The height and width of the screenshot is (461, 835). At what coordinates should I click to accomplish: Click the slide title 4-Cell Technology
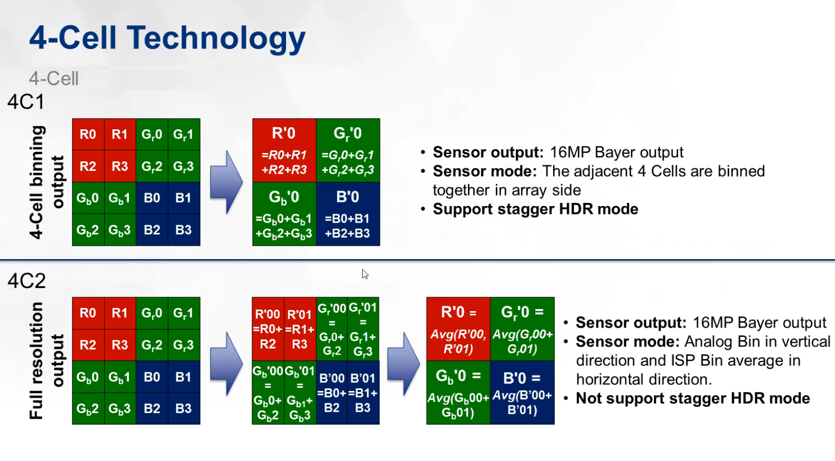pyautogui.click(x=167, y=39)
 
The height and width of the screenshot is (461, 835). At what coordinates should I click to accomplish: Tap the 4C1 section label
pyautogui.click(x=26, y=102)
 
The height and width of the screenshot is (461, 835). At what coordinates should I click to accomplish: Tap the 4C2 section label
pyautogui.click(x=27, y=281)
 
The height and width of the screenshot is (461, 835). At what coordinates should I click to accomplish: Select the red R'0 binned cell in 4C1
pyautogui.click(x=284, y=150)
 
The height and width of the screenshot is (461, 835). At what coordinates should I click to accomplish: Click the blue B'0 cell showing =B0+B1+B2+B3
pyautogui.click(x=348, y=214)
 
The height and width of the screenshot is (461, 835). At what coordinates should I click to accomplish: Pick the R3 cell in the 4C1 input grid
pyautogui.click(x=120, y=166)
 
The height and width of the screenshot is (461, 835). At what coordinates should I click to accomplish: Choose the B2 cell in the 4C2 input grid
pyautogui.click(x=152, y=409)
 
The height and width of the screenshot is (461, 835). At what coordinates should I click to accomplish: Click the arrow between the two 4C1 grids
pyautogui.click(x=226, y=182)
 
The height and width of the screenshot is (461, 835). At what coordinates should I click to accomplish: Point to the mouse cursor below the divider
pyautogui.click(x=365, y=274)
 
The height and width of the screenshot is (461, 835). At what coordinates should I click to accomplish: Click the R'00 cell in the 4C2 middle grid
pyautogui.click(x=268, y=329)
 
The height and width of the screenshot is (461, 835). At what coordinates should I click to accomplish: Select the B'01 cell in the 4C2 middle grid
pyautogui.click(x=363, y=393)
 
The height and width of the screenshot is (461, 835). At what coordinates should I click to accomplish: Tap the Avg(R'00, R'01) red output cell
pyautogui.click(x=458, y=329)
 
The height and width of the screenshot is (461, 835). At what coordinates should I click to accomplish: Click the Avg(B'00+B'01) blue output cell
pyautogui.click(x=522, y=393)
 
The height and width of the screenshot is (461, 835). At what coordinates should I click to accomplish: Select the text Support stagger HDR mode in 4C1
pyautogui.click(x=536, y=209)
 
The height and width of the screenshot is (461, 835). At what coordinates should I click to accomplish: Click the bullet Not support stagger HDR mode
pyautogui.click(x=692, y=399)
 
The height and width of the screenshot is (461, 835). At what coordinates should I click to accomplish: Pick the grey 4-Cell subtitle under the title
pyautogui.click(x=54, y=79)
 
